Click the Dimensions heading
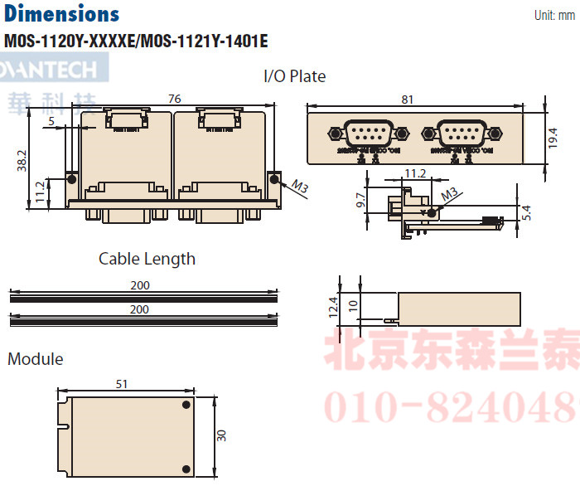tap(62, 14)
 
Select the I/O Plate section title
tap(294, 76)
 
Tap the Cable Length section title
tap(147, 259)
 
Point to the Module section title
tap(35, 359)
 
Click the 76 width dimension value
tap(174, 99)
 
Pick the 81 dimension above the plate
tap(407, 99)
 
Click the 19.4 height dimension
tap(553, 137)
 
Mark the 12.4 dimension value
tap(334, 308)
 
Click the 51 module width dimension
tap(121, 383)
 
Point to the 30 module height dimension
tap(221, 435)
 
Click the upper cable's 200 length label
tap(139, 285)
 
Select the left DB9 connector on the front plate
tap(366, 134)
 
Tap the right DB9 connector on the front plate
tap(458, 134)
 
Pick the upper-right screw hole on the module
tap(185, 406)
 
